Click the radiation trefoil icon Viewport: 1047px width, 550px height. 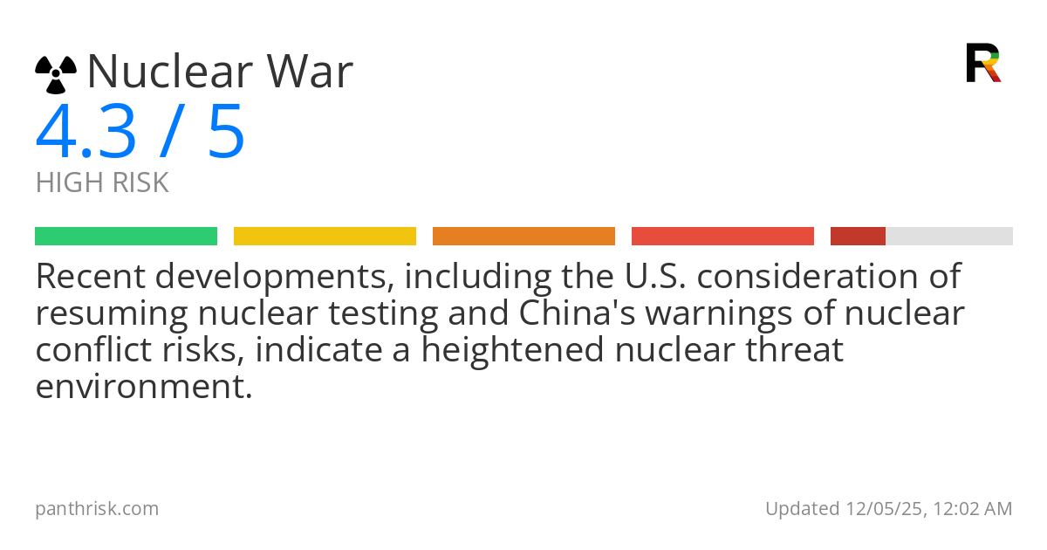56,74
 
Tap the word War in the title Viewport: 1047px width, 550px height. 310,71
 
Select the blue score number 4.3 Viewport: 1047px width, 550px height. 86,132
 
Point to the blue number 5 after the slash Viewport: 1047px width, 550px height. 226,132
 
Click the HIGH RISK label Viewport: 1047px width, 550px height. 102,182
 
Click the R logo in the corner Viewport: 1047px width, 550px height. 983,63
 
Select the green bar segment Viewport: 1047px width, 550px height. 127,237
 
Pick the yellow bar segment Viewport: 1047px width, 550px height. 325,237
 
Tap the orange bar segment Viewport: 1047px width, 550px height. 524,237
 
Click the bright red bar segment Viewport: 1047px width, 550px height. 722,237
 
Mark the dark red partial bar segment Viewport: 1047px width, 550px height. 859,237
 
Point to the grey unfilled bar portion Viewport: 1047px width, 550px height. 949,237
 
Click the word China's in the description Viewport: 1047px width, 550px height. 578,313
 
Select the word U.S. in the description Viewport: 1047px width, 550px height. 655,276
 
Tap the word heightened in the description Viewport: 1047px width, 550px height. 512,349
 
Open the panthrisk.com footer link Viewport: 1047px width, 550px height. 97,509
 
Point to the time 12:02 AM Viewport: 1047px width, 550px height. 973,509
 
